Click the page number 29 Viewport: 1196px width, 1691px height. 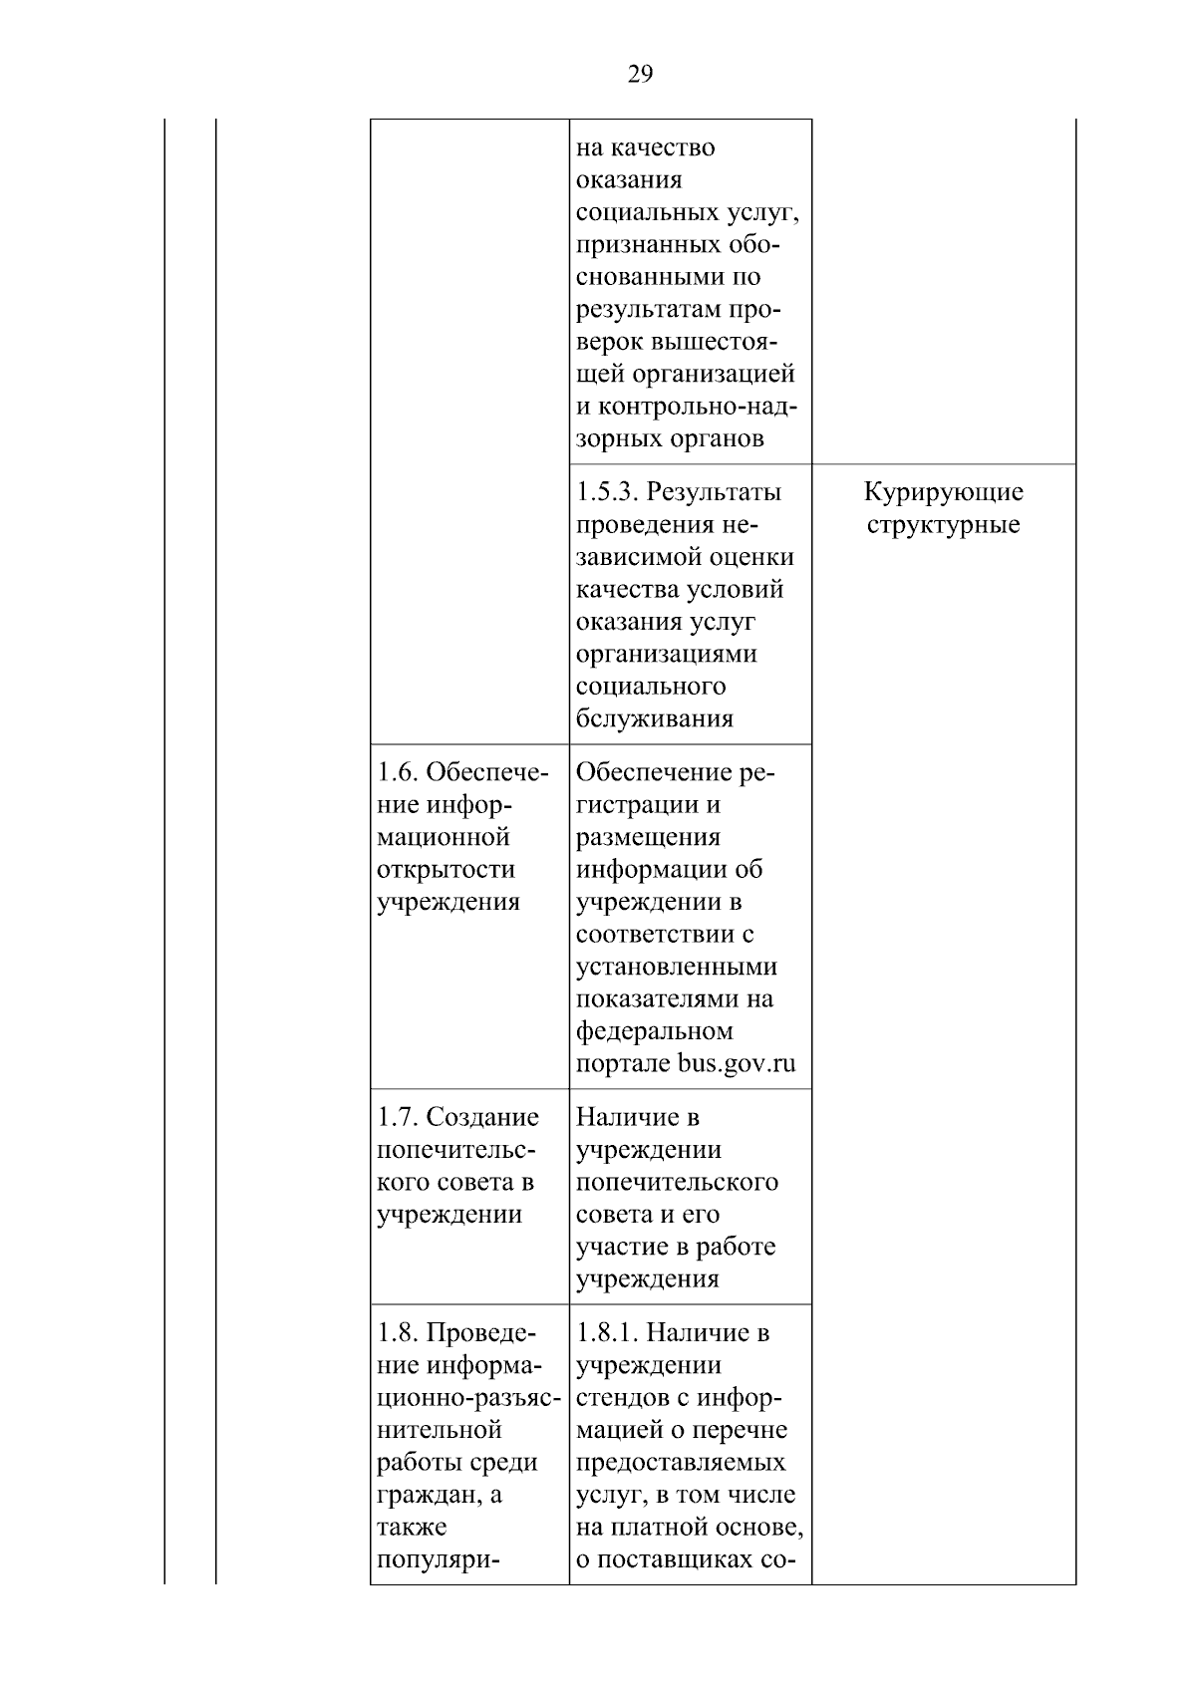click(641, 74)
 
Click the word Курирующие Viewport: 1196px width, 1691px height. click(943, 492)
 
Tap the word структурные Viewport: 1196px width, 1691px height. click(943, 525)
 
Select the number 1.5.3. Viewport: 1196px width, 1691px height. click(608, 492)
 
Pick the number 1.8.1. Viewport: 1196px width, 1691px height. click(608, 1332)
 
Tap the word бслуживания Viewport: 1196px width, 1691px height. click(654, 719)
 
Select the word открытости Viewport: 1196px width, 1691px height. click(446, 870)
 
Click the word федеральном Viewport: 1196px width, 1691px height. click(654, 1031)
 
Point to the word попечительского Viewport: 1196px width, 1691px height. click(677, 1183)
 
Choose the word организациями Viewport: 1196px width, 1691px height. click(666, 655)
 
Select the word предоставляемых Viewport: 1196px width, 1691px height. click(680, 1463)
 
